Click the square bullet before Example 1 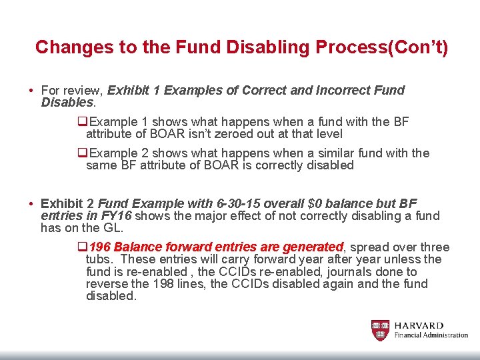[83, 122]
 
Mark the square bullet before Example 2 [83, 153]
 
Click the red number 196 [100, 247]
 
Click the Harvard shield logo [380, 331]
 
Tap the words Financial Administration [431, 335]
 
